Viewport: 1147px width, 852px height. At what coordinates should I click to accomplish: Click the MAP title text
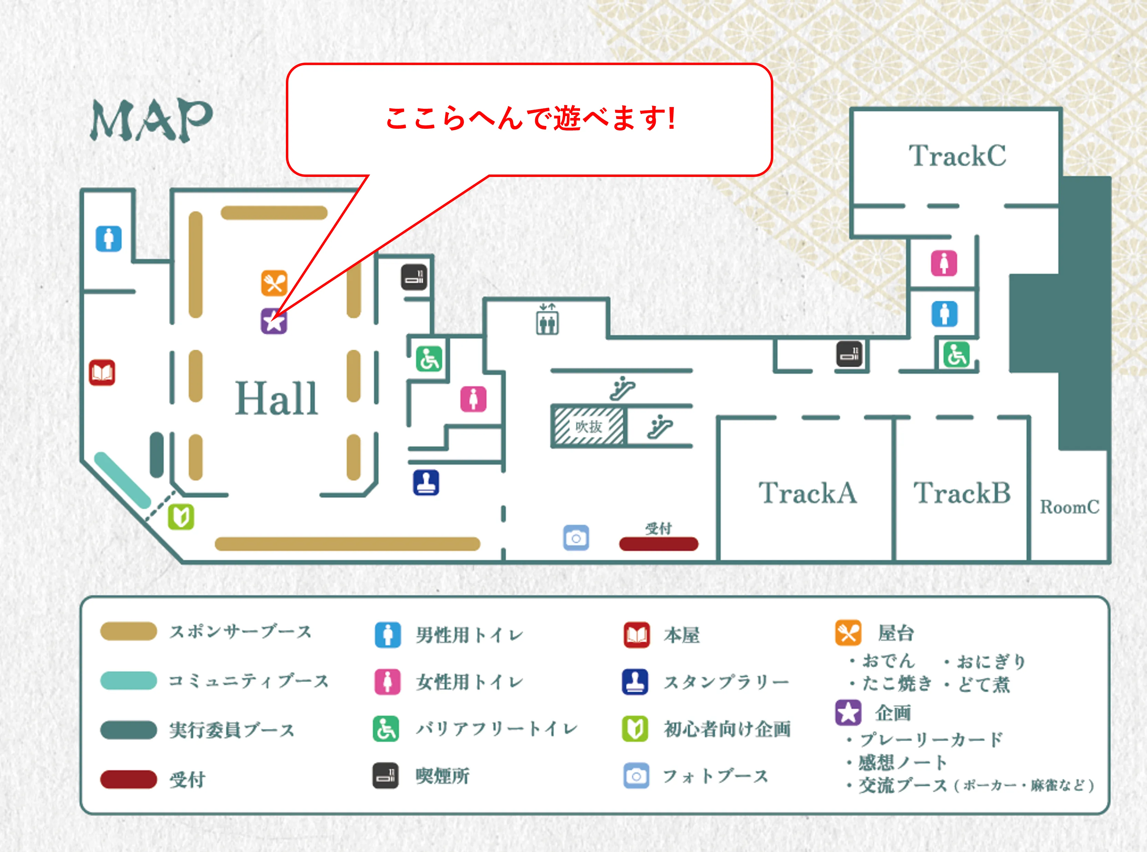click(151, 120)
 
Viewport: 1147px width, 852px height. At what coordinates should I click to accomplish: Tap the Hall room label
click(276, 398)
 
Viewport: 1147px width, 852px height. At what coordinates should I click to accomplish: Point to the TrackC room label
click(957, 156)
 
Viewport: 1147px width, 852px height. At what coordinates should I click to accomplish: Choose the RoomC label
click(1069, 507)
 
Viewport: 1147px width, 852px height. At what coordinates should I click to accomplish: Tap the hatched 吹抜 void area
click(588, 427)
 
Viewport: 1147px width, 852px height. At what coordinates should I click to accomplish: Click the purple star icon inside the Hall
click(273, 321)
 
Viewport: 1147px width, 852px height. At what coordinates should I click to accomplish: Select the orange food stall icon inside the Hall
click(274, 283)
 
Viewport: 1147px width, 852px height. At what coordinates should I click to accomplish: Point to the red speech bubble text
click(530, 118)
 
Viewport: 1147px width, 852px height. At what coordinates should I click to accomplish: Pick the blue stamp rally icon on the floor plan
click(426, 483)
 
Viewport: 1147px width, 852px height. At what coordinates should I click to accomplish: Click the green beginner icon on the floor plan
click(181, 517)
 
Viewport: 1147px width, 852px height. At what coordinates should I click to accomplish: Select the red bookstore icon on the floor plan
click(102, 372)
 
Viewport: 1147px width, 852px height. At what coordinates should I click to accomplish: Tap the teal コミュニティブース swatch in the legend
click(128, 680)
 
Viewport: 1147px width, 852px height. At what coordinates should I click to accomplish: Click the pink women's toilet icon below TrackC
click(944, 263)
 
